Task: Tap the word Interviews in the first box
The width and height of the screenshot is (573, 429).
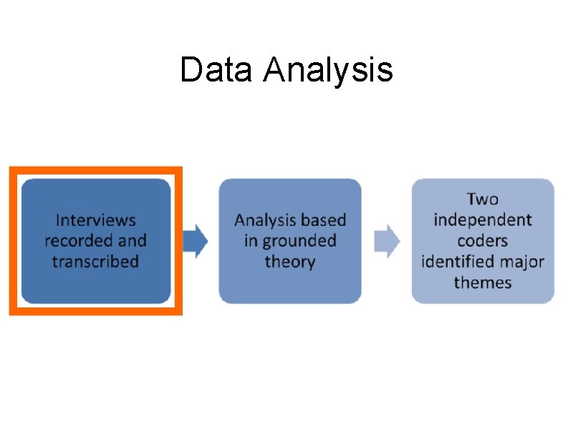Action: coord(96,220)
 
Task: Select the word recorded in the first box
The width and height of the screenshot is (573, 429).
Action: coord(75,240)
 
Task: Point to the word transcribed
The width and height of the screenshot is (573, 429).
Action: coord(95,261)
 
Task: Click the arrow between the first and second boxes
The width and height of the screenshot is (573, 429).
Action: coord(195,241)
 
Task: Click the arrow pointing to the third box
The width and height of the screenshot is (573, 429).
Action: coord(387,241)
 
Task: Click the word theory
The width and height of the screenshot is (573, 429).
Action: coord(289,262)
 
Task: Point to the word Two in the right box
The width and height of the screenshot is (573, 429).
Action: coord(483,199)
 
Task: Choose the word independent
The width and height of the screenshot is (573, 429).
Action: coord(483,220)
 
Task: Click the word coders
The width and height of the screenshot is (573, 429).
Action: coord(483,240)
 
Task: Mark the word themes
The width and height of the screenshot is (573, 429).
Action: coord(483,282)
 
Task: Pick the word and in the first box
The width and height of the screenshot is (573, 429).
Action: coord(132,240)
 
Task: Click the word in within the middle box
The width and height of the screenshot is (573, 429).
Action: coord(250,241)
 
